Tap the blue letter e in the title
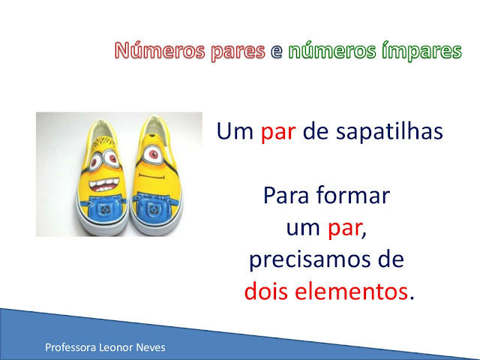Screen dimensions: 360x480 click(x=275, y=52)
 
